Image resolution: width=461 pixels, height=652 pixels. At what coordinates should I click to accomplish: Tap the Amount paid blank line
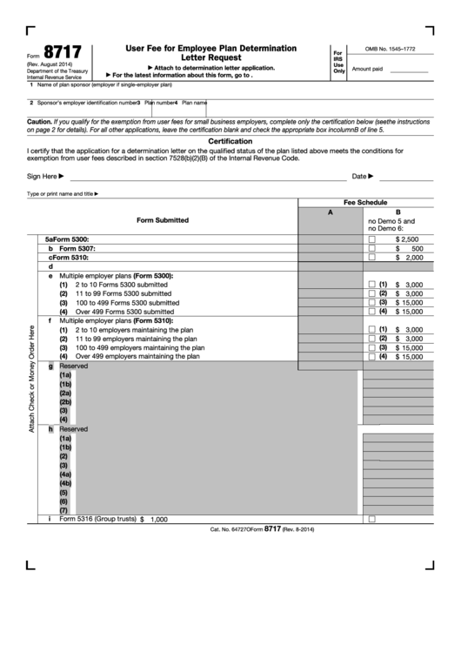pos(409,69)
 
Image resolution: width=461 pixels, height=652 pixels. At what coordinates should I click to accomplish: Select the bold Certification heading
pos(230,141)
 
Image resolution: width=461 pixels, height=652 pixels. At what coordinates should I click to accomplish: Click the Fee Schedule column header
pos(365,202)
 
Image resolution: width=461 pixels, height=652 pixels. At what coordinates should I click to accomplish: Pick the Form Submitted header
pos(162,220)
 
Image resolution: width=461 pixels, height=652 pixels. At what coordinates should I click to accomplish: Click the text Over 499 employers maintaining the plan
pos(137,356)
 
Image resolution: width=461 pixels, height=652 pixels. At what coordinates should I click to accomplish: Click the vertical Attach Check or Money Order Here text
pos(32,379)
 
